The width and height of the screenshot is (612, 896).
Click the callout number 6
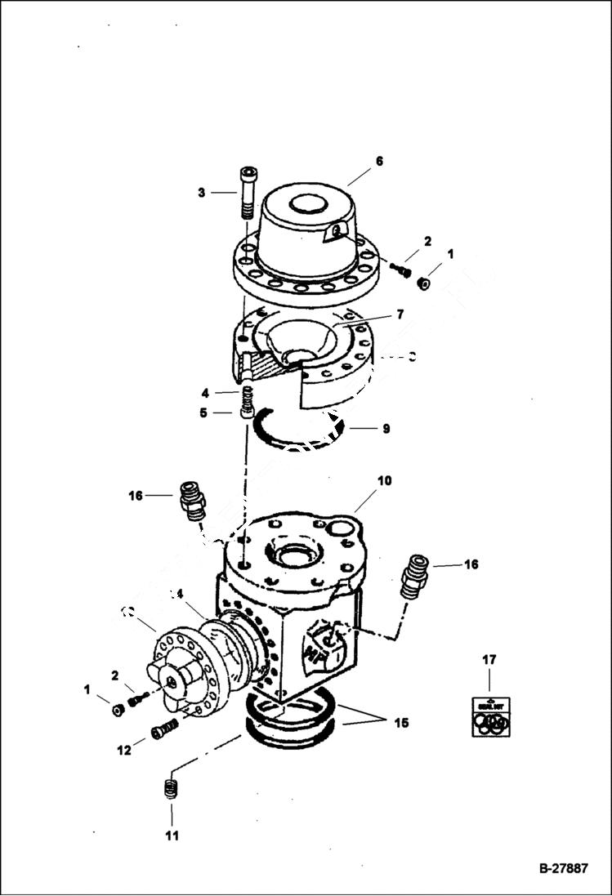(378, 162)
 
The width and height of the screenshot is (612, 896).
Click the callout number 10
(384, 480)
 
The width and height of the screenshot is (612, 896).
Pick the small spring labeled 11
(172, 790)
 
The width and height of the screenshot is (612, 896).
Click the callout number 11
(172, 836)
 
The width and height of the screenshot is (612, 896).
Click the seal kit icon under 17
(490, 716)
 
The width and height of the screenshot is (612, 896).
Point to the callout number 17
(489, 659)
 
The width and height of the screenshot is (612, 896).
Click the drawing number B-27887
(563, 868)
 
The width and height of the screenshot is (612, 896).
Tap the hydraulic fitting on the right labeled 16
(415, 577)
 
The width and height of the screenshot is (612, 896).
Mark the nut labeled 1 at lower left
(118, 710)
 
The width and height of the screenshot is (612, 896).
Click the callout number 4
(205, 392)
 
